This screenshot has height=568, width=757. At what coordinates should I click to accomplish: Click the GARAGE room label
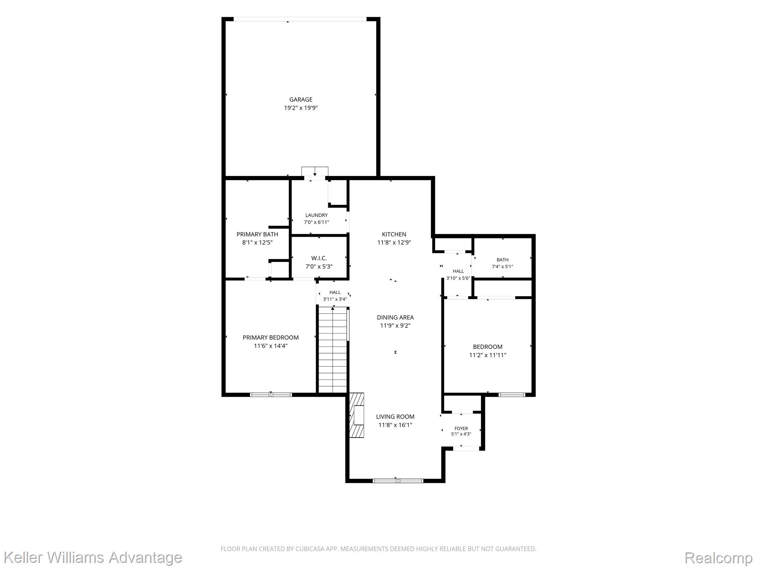point(301,99)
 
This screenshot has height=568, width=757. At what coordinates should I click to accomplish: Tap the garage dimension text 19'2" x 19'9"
point(301,108)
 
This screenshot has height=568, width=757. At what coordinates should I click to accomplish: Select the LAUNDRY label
point(316,215)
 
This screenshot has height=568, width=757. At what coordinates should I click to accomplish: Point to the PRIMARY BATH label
point(257,234)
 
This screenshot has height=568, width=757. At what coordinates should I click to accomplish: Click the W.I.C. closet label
point(319,258)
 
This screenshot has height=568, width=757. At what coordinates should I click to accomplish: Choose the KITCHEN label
point(394,234)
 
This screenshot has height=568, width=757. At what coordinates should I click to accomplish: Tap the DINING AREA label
point(395,317)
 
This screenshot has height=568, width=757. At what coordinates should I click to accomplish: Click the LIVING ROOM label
point(395,416)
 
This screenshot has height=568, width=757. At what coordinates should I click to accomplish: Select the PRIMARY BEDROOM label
point(271,337)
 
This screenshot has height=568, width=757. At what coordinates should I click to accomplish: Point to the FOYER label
point(461,429)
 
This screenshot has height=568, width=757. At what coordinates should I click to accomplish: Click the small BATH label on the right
point(502,260)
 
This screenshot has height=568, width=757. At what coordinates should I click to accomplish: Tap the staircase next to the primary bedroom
point(333,350)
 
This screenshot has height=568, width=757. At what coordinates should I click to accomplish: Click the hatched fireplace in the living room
point(357,415)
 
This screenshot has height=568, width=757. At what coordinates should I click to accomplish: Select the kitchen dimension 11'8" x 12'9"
point(394,243)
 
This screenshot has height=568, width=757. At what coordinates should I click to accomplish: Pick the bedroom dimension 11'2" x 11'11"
point(488,355)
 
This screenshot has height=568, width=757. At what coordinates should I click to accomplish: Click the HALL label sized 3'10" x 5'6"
point(458,271)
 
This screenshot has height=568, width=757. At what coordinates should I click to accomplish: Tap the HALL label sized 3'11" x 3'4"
point(335,292)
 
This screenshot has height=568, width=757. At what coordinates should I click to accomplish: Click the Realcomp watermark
point(718,558)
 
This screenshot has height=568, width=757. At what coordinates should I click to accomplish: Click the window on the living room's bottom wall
point(397,481)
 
